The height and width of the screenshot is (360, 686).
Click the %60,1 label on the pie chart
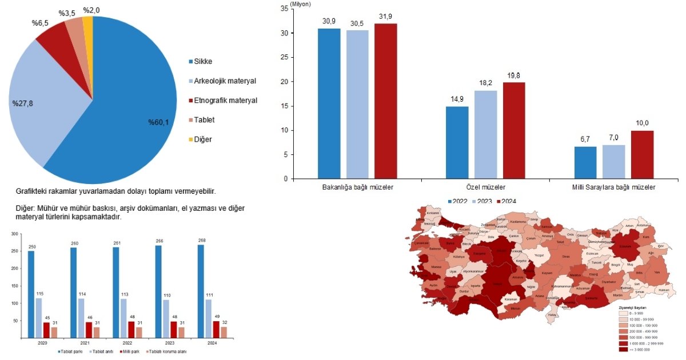click(x=159, y=122)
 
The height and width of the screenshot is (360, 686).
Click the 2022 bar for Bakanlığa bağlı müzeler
click(x=329, y=103)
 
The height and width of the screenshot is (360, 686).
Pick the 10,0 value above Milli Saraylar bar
click(x=642, y=123)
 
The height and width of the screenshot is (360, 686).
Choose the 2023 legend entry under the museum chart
click(x=483, y=201)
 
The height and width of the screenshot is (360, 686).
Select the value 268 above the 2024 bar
click(x=201, y=240)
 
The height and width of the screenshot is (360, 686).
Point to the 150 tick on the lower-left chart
click(x=14, y=287)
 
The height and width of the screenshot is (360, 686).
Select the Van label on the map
click(x=657, y=273)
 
